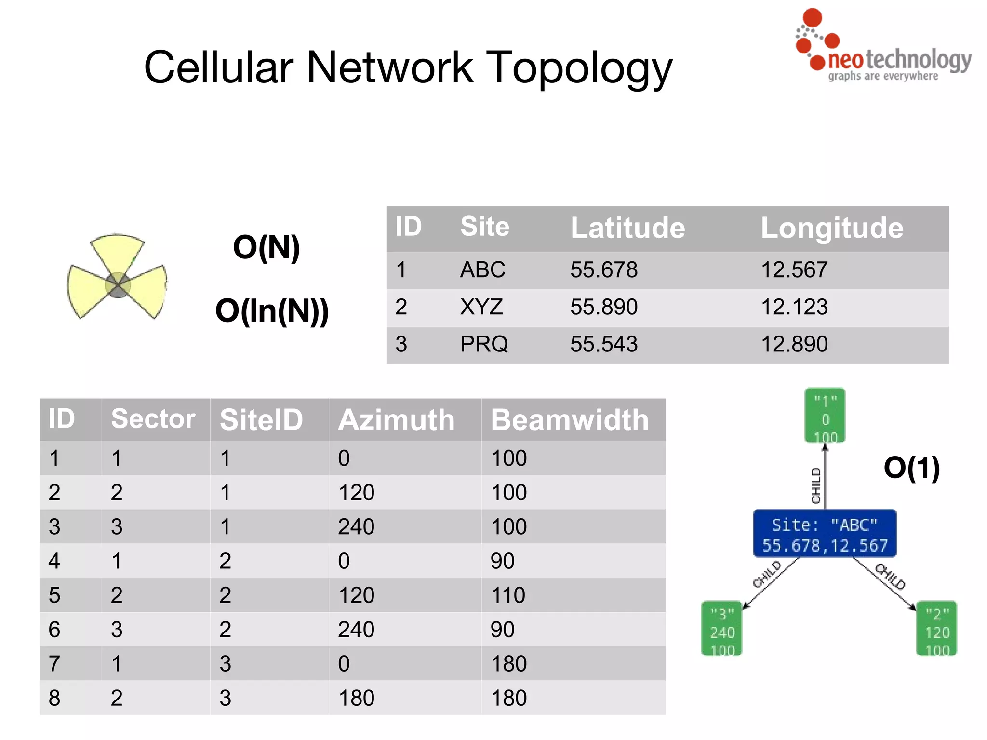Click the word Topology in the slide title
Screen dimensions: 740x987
click(579, 68)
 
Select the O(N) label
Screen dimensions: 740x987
click(266, 248)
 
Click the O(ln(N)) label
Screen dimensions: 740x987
click(272, 311)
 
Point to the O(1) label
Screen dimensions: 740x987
click(911, 468)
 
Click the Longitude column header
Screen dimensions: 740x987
click(832, 228)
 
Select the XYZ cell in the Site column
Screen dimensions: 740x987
click(481, 307)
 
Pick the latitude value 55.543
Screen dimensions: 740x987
click(604, 344)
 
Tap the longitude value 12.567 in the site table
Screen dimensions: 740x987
click(794, 269)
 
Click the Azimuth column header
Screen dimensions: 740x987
click(396, 420)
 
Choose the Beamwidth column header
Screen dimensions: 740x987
click(570, 420)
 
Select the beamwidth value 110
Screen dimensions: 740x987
click(508, 595)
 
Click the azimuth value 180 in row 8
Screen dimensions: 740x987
click(356, 698)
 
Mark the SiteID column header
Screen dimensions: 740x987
click(261, 420)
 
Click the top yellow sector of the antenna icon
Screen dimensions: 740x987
click(117, 253)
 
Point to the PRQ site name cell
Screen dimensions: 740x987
click(484, 344)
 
